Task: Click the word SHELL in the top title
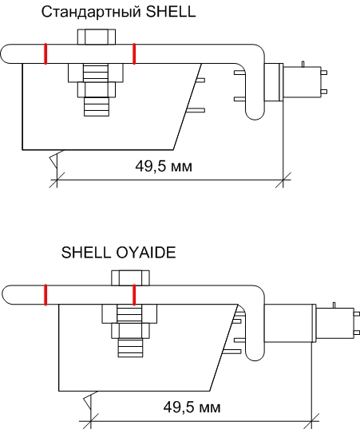tap(170, 12)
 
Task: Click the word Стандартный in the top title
tap(92, 13)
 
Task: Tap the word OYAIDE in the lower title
tap(146, 252)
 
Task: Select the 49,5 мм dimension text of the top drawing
tap(164, 166)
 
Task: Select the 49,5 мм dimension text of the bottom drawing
tap(192, 407)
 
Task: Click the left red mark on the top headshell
tap(45, 54)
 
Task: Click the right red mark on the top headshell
tap(134, 54)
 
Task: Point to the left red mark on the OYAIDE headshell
tap(45, 295)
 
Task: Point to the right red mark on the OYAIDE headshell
tap(134, 295)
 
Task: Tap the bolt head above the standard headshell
tap(97, 37)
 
